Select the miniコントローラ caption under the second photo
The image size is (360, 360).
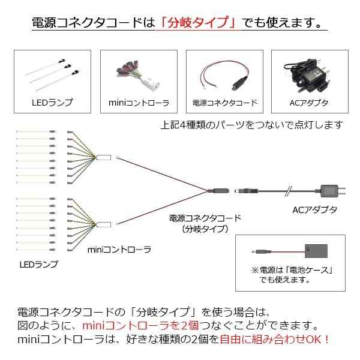tap(139, 103)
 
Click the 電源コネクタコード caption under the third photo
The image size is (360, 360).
tap(224, 103)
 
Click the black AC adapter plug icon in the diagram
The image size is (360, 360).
tap(331, 191)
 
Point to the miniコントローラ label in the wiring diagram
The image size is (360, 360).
tap(119, 248)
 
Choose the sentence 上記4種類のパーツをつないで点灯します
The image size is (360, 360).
tap(252, 125)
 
